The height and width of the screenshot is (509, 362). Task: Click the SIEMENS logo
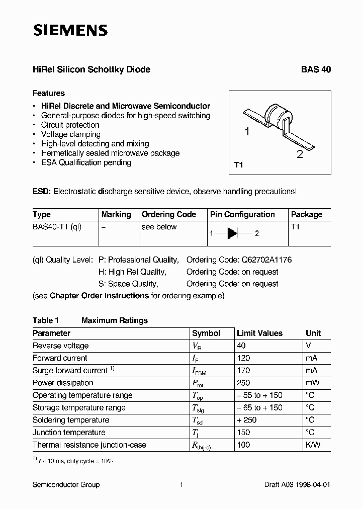pos(70,31)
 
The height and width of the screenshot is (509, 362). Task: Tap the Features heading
pos(49,93)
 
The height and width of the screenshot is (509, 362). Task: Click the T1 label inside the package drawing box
pos(239,165)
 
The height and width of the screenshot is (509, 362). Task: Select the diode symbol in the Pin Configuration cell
pos(232,233)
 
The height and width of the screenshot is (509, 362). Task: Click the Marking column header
pos(116,214)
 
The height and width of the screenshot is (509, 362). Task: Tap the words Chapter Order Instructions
pos(99,296)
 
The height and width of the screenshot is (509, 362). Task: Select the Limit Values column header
pos(259,333)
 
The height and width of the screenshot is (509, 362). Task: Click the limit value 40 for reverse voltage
pos(241,346)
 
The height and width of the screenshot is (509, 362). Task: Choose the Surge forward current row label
pos(70,370)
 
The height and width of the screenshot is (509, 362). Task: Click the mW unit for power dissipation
pos(312,383)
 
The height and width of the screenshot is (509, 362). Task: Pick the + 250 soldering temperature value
pos(246,420)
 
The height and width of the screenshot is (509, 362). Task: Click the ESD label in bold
pos(42,192)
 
